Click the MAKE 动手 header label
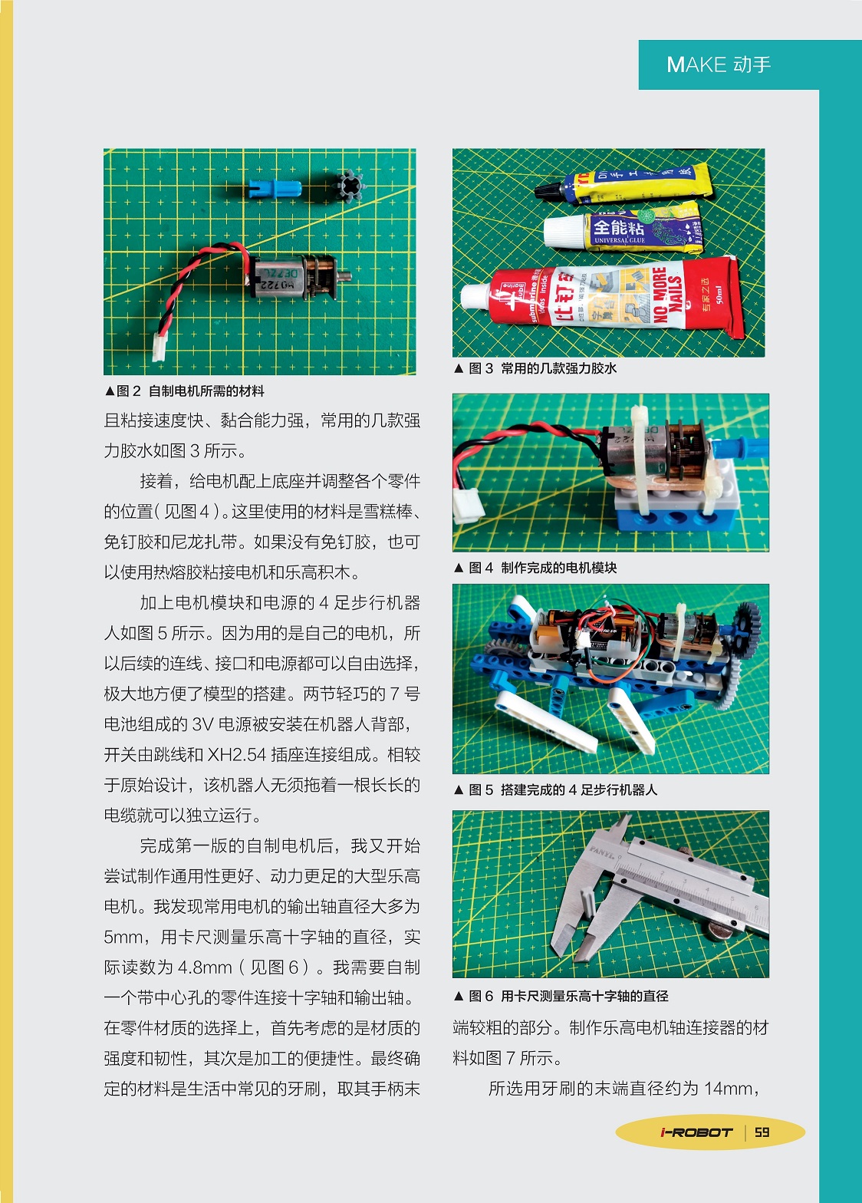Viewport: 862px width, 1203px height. pyautogui.click(x=719, y=64)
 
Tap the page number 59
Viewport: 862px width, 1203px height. pyautogui.click(x=762, y=1132)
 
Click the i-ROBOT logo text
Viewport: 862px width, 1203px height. pyautogui.click(x=696, y=1132)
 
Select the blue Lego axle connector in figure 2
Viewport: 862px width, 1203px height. pyautogui.click(x=275, y=188)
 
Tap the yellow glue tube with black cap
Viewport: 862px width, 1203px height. pyautogui.click(x=623, y=185)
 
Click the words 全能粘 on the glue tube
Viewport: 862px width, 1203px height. pyautogui.click(x=618, y=227)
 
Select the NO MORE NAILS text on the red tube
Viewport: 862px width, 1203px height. pyautogui.click(x=667, y=295)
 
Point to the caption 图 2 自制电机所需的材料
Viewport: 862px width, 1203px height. pyautogui.click(x=185, y=391)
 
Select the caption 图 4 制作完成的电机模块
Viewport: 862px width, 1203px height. pyautogui.click(x=535, y=568)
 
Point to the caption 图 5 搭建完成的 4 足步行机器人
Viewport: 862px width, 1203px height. pyautogui.click(x=555, y=789)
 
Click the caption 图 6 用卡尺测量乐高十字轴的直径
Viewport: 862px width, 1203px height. pyautogui.click(x=561, y=996)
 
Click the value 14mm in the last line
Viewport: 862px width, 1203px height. pyautogui.click(x=729, y=1088)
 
